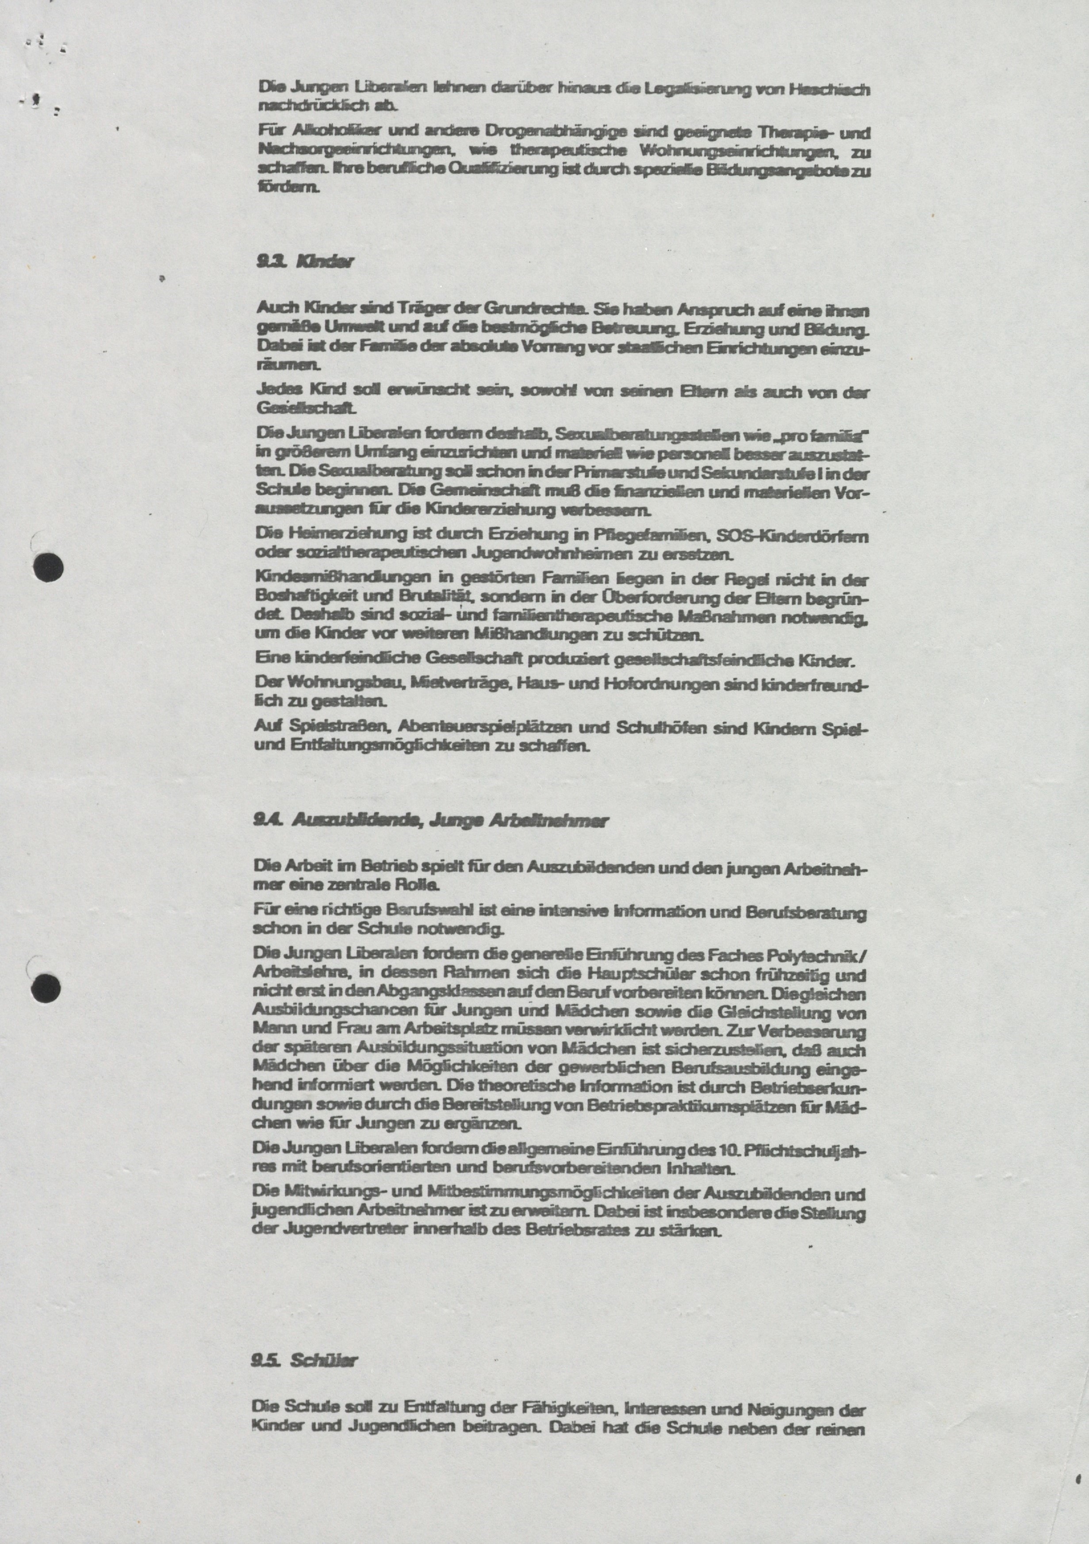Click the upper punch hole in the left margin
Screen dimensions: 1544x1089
pos(48,567)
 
